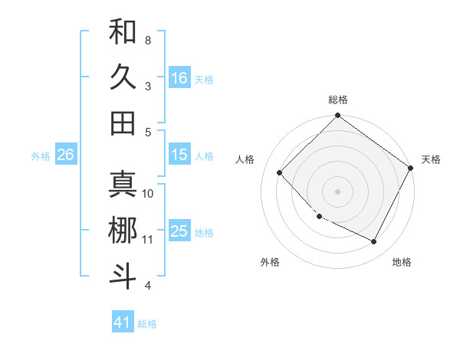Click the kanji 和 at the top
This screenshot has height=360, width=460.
123,32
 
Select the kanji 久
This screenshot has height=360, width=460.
123,77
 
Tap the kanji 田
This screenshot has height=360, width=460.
123,123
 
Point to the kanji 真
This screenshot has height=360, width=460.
123,185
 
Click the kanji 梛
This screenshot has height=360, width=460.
123,231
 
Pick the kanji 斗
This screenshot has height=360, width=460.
123,276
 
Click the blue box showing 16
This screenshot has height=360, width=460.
179,78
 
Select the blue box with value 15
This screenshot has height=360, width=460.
179,155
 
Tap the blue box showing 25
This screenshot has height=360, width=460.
179,232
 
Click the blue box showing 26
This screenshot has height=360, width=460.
65,155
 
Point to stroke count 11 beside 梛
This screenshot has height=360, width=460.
148,240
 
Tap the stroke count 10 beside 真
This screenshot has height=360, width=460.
148,193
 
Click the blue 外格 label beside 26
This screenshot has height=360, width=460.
41,156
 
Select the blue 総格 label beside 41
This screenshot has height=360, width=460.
147,324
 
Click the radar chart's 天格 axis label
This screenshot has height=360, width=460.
431,159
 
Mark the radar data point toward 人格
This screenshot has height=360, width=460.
280,172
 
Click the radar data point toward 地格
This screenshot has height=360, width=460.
374,242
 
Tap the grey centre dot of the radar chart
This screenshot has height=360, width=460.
337,191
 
